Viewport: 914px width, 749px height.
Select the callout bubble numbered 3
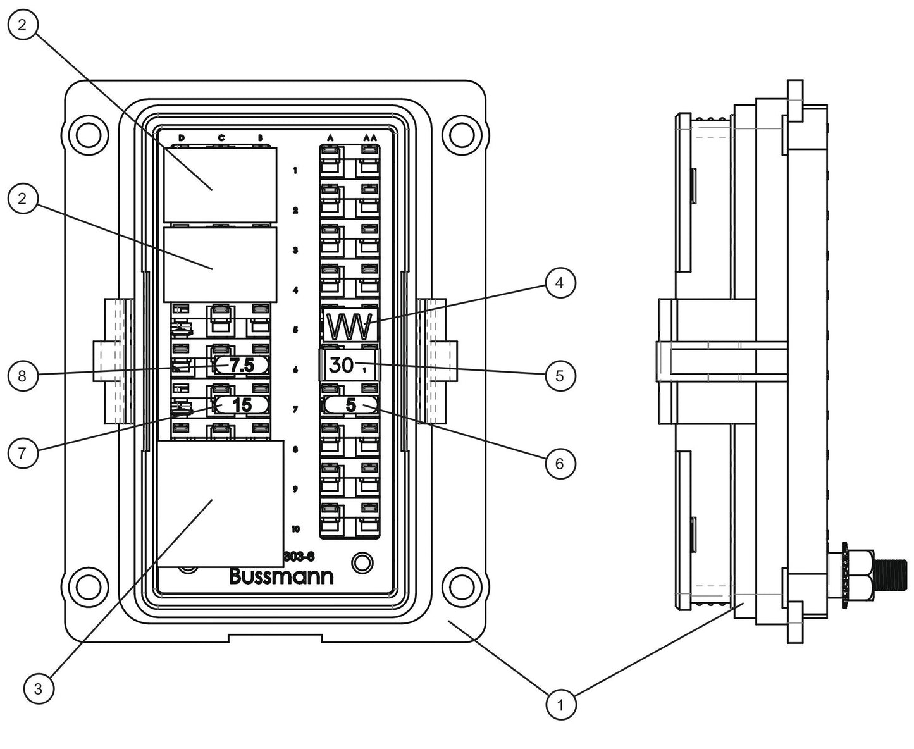click(x=39, y=688)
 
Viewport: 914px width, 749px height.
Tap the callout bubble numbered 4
click(x=559, y=283)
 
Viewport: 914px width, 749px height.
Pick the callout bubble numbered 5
click(x=559, y=376)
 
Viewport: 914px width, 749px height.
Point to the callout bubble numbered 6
click(x=559, y=464)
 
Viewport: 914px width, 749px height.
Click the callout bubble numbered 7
click(x=23, y=453)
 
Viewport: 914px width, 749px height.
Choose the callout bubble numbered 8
click(x=23, y=376)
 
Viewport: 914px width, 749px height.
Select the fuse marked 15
click(x=242, y=405)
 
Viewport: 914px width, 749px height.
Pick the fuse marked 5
click(x=350, y=405)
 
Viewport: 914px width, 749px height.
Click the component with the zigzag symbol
click(x=350, y=326)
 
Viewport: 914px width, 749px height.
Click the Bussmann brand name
click(x=281, y=577)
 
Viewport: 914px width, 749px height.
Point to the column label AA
click(x=370, y=137)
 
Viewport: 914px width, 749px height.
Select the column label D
click(x=181, y=137)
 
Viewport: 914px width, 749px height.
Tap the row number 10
click(x=295, y=529)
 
